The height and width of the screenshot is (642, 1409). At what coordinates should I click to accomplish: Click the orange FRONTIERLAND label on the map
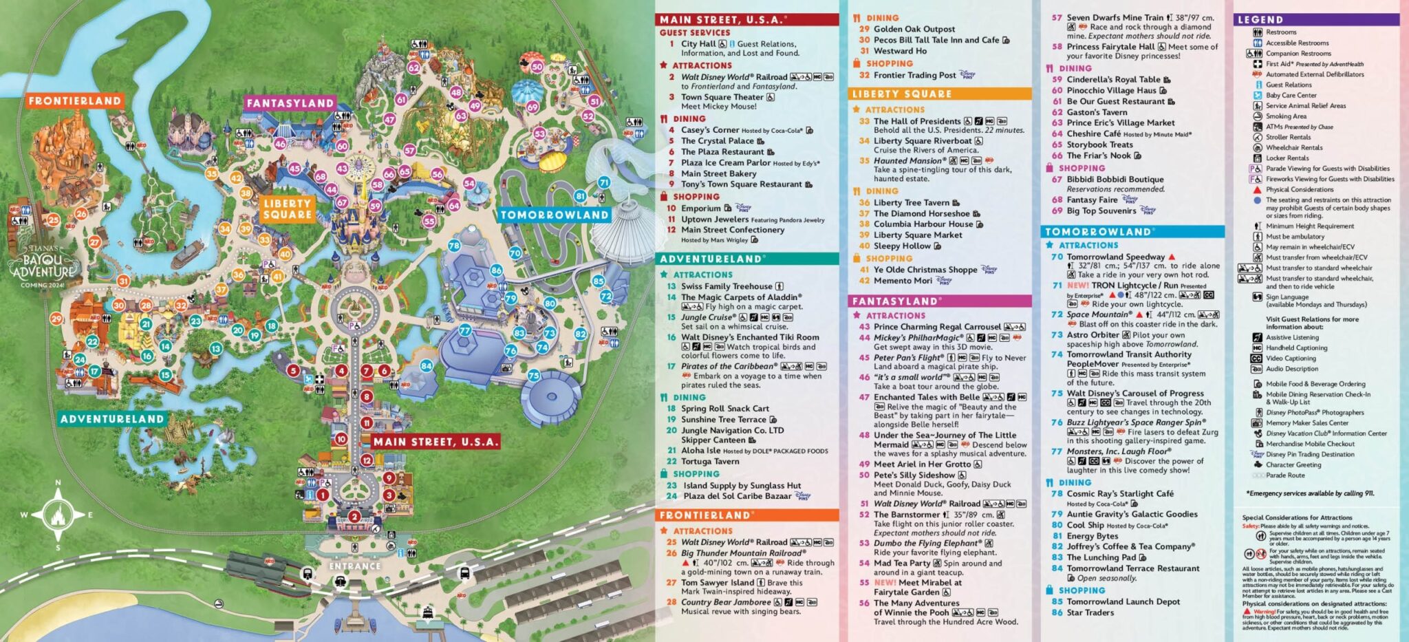pyautogui.click(x=74, y=100)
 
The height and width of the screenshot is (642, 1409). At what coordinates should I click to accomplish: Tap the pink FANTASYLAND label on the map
pyautogui.click(x=290, y=103)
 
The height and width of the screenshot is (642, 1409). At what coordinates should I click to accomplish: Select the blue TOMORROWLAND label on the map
pyautogui.click(x=554, y=215)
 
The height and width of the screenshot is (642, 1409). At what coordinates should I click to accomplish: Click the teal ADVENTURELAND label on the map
pyautogui.click(x=112, y=419)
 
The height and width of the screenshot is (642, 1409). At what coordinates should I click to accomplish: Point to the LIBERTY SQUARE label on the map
pyautogui.click(x=288, y=208)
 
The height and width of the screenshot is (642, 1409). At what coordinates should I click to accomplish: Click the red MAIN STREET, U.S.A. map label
pyautogui.click(x=435, y=442)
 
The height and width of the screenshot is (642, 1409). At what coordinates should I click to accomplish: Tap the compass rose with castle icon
pyautogui.click(x=58, y=514)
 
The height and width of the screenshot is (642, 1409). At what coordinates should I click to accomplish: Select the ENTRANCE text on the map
pyautogui.click(x=354, y=566)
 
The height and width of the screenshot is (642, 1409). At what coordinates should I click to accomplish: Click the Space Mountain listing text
pyautogui.click(x=1099, y=314)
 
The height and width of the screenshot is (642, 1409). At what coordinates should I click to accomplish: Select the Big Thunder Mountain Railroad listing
pyautogui.click(x=742, y=553)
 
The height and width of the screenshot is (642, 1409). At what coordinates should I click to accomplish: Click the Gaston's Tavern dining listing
pyautogui.click(x=1097, y=111)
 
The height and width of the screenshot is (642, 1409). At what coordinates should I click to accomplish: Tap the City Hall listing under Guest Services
pyautogui.click(x=698, y=43)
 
